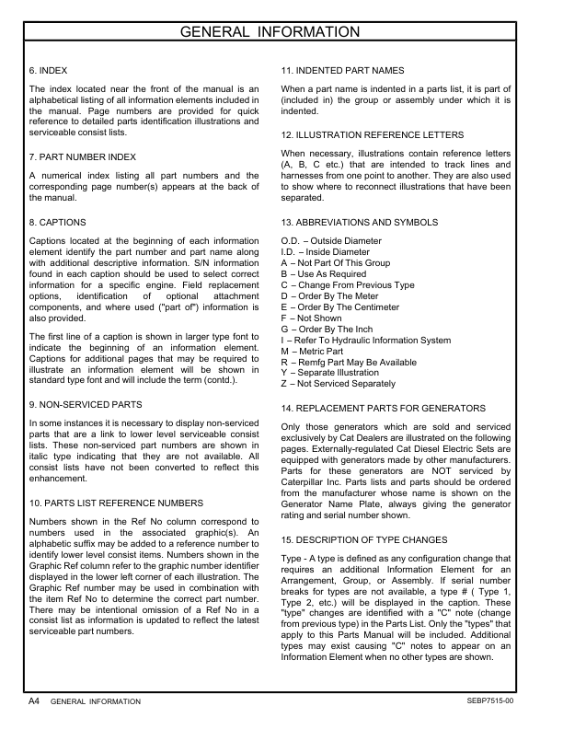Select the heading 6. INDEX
point(48,71)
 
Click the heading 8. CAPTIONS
point(58,222)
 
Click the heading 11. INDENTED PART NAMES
point(342,71)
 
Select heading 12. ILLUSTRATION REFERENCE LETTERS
point(372,135)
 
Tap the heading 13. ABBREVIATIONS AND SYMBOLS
point(358,222)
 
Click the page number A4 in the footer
point(32,700)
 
